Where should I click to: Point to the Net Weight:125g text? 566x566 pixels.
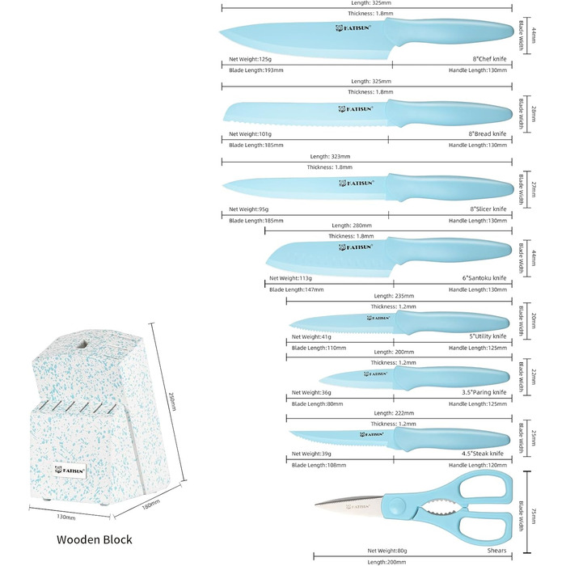(x=251, y=58)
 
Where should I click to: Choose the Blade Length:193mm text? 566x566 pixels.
(x=252, y=70)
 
